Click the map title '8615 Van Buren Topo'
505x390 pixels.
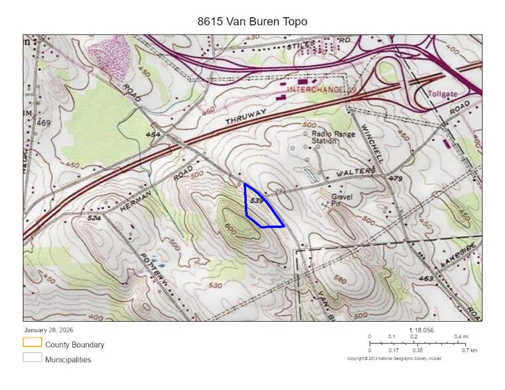point(252,21)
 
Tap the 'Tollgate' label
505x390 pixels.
point(443,94)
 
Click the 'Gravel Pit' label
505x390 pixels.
point(342,201)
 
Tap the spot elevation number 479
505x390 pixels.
point(396,179)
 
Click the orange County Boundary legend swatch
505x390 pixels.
point(32,342)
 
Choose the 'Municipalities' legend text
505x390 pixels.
point(68,359)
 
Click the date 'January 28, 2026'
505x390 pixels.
point(49,330)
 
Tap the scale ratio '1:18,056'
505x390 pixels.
point(421,330)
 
